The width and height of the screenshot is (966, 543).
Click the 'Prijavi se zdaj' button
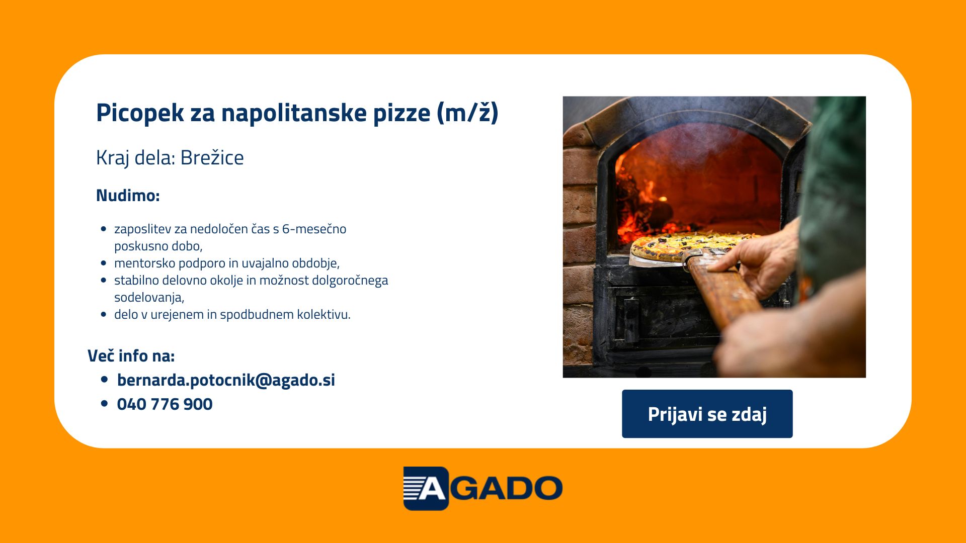[707, 414]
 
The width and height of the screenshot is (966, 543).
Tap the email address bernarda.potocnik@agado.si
[226, 380]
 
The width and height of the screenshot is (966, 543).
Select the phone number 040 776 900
[165, 404]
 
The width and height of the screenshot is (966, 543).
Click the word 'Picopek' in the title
[140, 113]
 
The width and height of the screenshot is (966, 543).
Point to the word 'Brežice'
[212, 157]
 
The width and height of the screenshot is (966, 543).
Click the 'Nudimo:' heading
[128, 195]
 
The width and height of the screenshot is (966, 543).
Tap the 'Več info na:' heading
[131, 355]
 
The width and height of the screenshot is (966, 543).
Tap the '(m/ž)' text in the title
[467, 113]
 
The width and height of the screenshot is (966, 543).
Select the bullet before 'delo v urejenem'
[104, 315]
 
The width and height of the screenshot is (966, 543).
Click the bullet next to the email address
[105, 380]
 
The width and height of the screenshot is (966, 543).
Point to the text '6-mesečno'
[314, 229]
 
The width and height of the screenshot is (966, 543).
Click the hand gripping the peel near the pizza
[760, 261]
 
